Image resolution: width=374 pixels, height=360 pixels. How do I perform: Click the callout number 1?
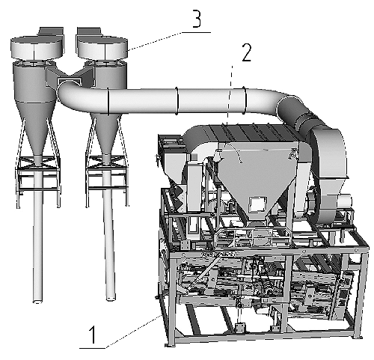tap(93, 335)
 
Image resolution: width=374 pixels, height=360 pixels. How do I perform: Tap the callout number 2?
tap(247, 52)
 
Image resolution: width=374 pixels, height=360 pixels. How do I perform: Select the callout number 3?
tap(197, 19)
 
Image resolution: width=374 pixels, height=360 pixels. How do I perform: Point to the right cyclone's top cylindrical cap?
tap(102, 48)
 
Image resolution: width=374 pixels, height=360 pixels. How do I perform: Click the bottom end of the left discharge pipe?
tap(37, 301)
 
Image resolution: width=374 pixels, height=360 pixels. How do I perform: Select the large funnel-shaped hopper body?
tap(257, 180)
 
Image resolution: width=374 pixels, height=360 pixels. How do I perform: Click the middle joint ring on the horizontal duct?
tap(177, 100)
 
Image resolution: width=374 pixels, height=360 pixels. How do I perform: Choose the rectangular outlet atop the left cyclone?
tap(51, 31)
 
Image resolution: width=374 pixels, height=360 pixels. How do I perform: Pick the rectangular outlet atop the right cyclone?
tap(89, 31)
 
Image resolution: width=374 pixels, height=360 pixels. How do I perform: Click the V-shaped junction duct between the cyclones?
tap(70, 76)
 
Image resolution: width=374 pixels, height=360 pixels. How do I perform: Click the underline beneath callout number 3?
tap(196, 32)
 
